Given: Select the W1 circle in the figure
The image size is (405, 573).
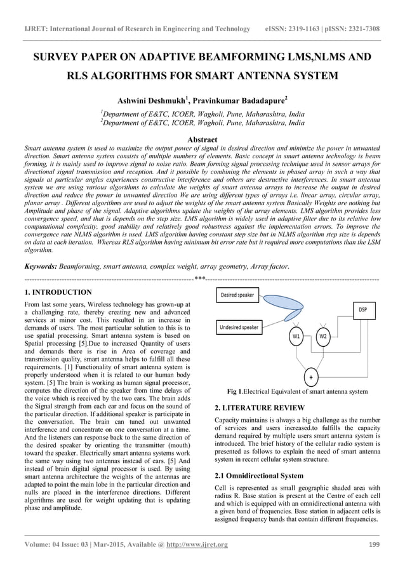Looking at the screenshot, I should [x=296, y=335].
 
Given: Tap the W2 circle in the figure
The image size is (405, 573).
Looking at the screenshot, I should [x=323, y=335].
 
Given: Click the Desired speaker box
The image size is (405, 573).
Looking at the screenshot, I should [x=237, y=295].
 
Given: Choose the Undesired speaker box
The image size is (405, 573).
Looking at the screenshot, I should [x=239, y=327].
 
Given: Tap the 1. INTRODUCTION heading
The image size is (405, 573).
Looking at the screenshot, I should [x=57, y=292].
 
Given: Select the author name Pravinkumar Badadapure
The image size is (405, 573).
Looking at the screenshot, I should [x=243, y=100].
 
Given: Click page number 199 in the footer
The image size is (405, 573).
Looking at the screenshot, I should [x=374, y=544].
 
